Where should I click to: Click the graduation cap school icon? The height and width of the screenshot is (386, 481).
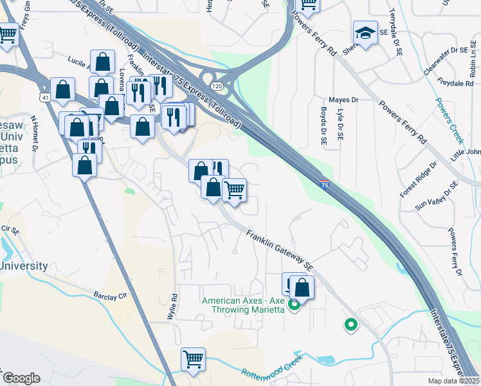pyautogui.click(x=365, y=33)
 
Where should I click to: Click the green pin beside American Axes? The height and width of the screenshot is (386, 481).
pyautogui.click(x=295, y=304)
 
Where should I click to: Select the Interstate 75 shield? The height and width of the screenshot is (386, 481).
pyautogui.click(x=325, y=183)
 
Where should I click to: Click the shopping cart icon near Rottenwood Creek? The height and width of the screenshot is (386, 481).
pyautogui.click(x=193, y=359)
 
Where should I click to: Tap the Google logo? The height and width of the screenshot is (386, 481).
pyautogui.click(x=21, y=378)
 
